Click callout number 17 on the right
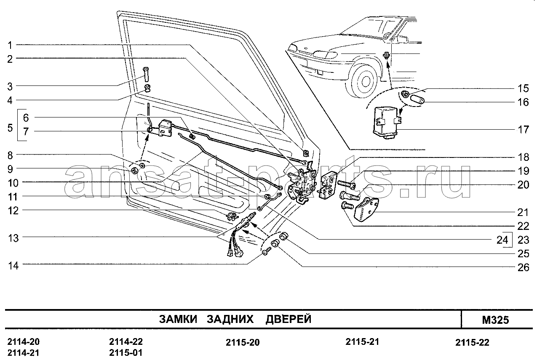pyautogui.click(x=524, y=130)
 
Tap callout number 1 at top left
pyautogui.click(x=10, y=45)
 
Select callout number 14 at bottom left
pyautogui.click(x=13, y=266)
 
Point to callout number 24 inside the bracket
pyautogui.click(x=502, y=240)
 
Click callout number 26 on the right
pyautogui.click(x=524, y=267)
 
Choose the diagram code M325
pyautogui.click(x=495, y=320)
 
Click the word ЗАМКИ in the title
pyautogui.click(x=178, y=319)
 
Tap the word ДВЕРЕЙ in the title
pyautogui.click(x=289, y=319)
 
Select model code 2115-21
pyautogui.click(x=362, y=342)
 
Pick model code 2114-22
pyautogui.click(x=126, y=341)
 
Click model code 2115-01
pyautogui.click(x=126, y=353)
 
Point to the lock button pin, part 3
pyautogui.click(x=146, y=75)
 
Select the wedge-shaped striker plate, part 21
pyautogui.click(x=366, y=209)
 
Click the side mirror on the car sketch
pyautogui.click(x=402, y=39)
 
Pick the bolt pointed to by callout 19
pyautogui.click(x=346, y=184)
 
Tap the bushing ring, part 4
pyautogui.click(x=147, y=88)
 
